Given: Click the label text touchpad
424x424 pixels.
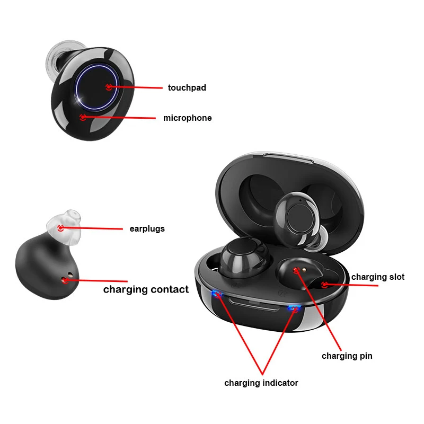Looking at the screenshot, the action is (x=187, y=87).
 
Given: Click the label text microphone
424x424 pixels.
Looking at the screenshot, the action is (x=187, y=118).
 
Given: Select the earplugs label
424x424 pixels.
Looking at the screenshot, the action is (x=147, y=229).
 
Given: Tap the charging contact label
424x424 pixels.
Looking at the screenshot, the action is (x=146, y=289).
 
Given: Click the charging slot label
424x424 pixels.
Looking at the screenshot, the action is (x=377, y=277).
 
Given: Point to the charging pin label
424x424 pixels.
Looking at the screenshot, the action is (x=347, y=356).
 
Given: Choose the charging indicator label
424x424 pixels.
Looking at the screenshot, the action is (x=261, y=383).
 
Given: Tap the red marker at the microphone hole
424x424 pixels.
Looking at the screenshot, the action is (x=82, y=117).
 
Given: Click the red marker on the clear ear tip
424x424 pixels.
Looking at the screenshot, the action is (x=60, y=228).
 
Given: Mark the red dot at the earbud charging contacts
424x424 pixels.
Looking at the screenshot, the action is (x=66, y=280).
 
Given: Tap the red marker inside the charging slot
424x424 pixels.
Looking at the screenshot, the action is (x=324, y=285).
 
